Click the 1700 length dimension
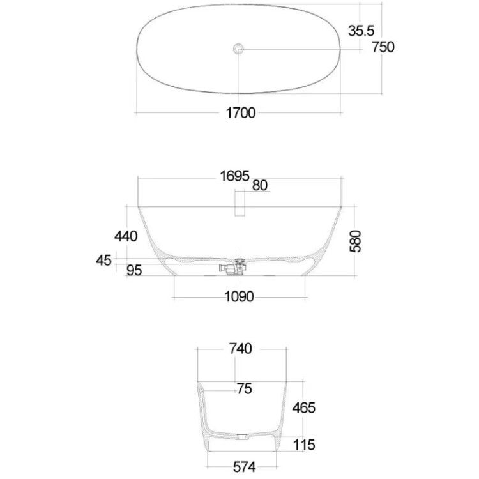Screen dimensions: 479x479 coord(241,113)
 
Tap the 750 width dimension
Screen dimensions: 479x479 coord(383,47)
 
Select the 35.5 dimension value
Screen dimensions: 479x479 coord(361,31)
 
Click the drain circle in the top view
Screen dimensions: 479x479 coord(238,49)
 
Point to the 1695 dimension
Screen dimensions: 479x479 coord(234,176)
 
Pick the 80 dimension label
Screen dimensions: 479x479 coord(260,185)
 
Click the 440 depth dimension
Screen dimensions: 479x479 coord(126,236)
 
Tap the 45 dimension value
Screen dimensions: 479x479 coord(104,261)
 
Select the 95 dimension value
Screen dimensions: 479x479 coord(134,270)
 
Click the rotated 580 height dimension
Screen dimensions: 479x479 coord(356,241)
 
